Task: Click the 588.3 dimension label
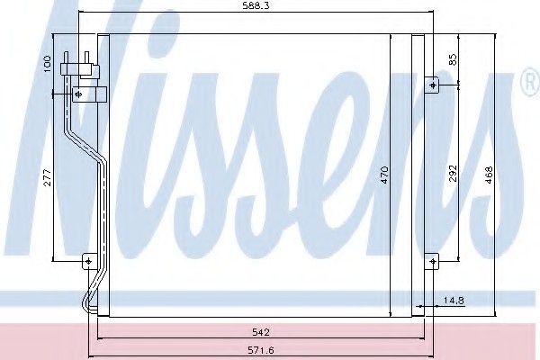point(256,6)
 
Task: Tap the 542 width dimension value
point(261,332)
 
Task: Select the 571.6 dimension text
point(261,350)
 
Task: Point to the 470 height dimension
point(384,175)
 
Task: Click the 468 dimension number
point(489,175)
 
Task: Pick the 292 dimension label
point(454,174)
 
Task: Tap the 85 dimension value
point(454,59)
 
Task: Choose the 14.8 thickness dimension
point(454,301)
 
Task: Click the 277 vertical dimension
point(48,177)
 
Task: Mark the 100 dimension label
point(48,64)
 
